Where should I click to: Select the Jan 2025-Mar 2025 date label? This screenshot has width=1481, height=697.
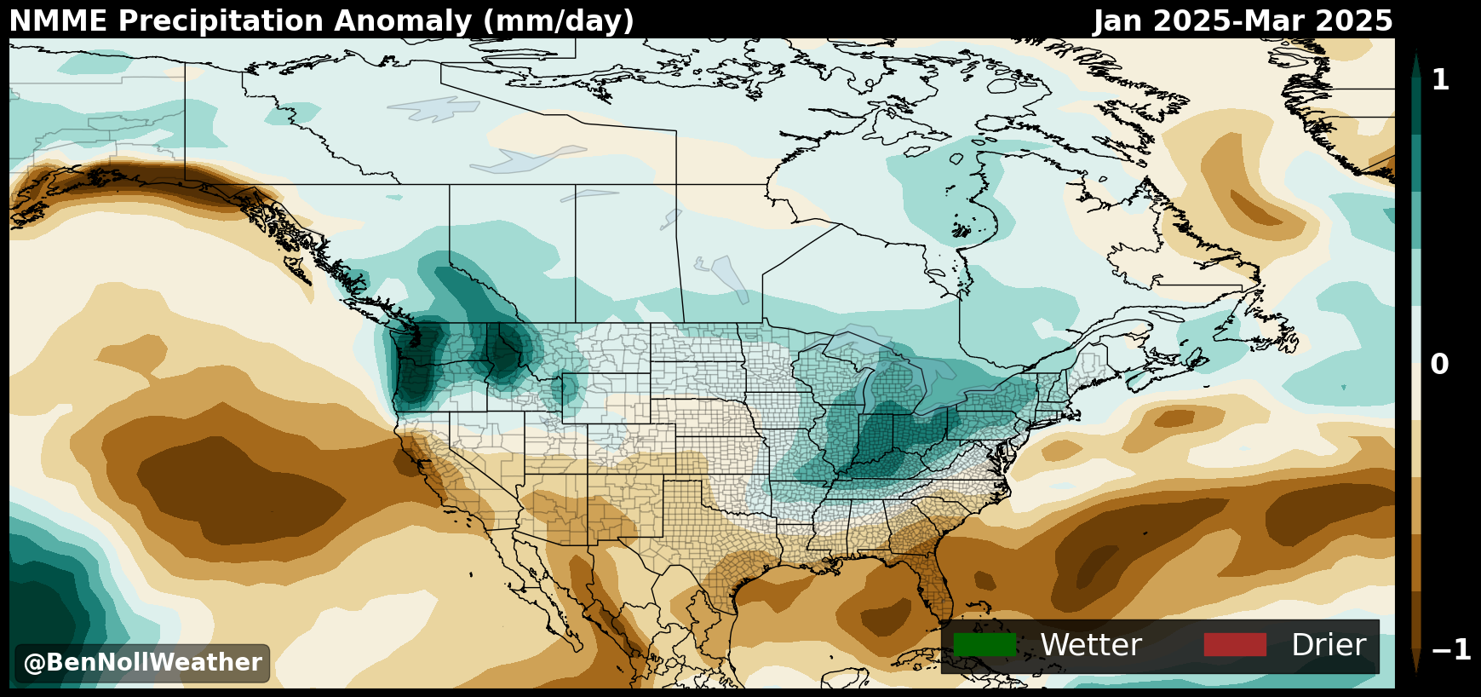tap(1243, 21)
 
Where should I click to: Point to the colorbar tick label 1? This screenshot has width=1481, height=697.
tap(1440, 80)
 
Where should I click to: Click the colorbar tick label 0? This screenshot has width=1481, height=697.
tap(1439, 365)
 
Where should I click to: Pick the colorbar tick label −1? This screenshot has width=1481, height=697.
tap(1451, 650)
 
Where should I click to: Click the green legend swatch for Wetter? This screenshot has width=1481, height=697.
tap(984, 645)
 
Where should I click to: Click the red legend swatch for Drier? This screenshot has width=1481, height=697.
tap(1234, 645)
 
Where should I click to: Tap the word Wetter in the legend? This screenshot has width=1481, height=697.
tap(1090, 645)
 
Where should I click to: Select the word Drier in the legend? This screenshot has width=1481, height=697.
tap(1328, 645)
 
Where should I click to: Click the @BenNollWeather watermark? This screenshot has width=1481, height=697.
tap(142, 663)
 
